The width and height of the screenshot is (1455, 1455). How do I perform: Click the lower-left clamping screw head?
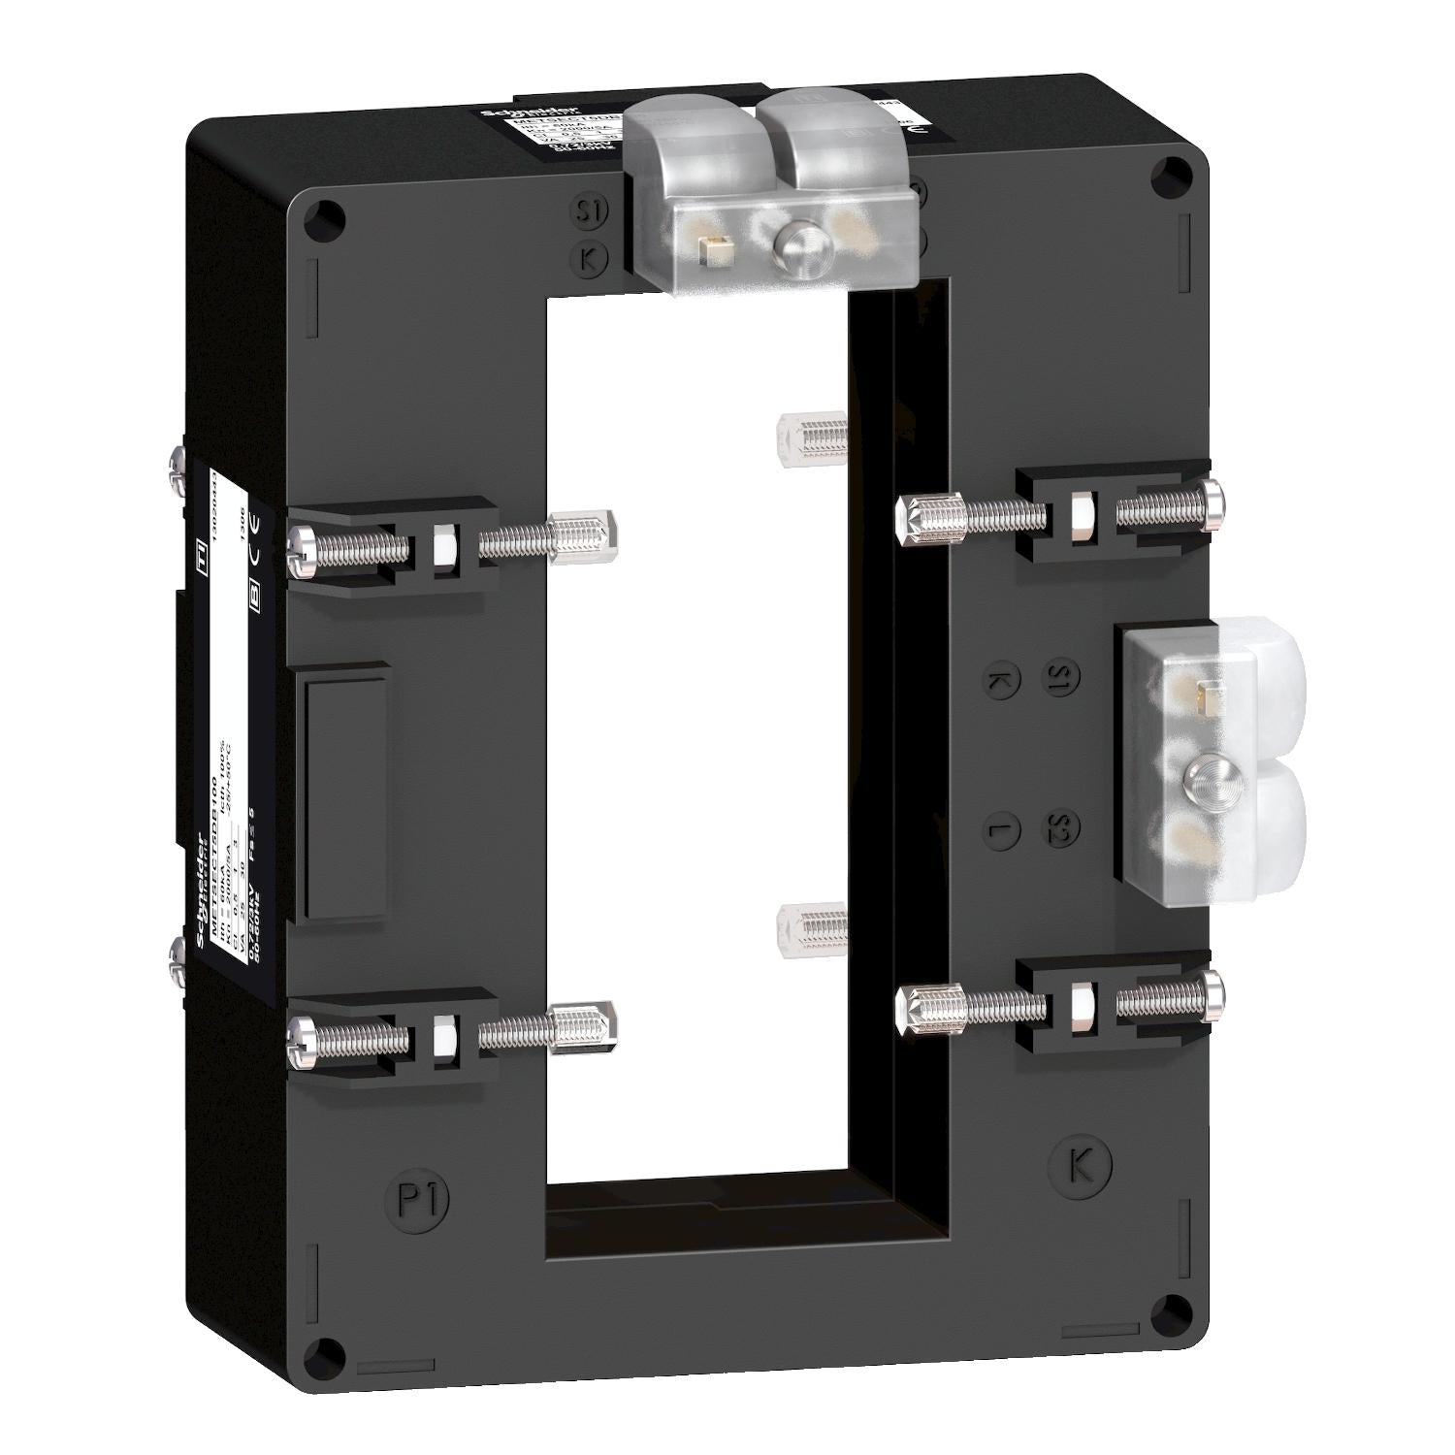tap(300, 1039)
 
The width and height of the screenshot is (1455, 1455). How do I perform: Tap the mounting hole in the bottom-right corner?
tap(1176, 1308)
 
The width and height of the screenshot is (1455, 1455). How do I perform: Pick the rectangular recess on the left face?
tap(346, 791)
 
